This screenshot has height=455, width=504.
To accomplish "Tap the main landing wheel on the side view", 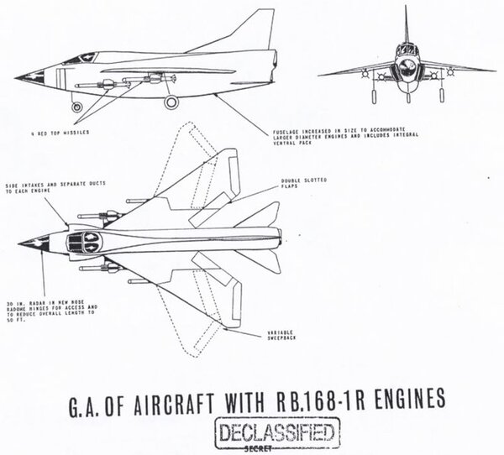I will pyautogui.click(x=171, y=102).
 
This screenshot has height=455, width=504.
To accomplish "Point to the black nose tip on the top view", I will pyautogui.click(x=25, y=246).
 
